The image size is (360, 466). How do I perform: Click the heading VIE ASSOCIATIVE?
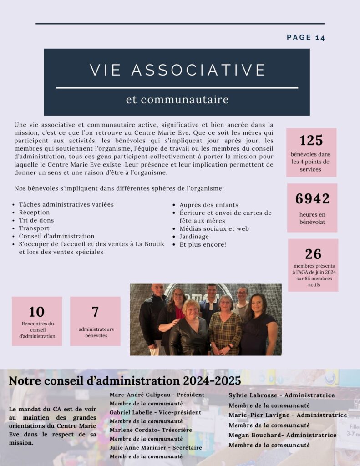click(x=177, y=70)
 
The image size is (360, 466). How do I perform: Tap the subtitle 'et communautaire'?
click(x=177, y=99)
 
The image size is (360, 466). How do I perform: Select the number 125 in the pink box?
click(x=311, y=140)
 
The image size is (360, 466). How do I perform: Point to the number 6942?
click(x=312, y=199)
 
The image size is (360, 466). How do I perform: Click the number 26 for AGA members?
click(x=313, y=254)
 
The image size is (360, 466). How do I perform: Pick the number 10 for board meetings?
click(x=37, y=312)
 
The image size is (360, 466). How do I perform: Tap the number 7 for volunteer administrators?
click(x=95, y=312)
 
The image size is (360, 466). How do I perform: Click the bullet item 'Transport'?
click(x=34, y=228)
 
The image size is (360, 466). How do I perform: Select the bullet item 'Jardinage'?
click(x=194, y=237)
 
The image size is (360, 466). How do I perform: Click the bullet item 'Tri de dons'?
click(x=36, y=220)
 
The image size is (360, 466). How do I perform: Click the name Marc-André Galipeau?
click(x=136, y=395)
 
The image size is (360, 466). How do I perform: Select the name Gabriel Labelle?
click(x=131, y=412)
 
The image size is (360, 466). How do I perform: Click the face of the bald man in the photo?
click(x=158, y=290)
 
